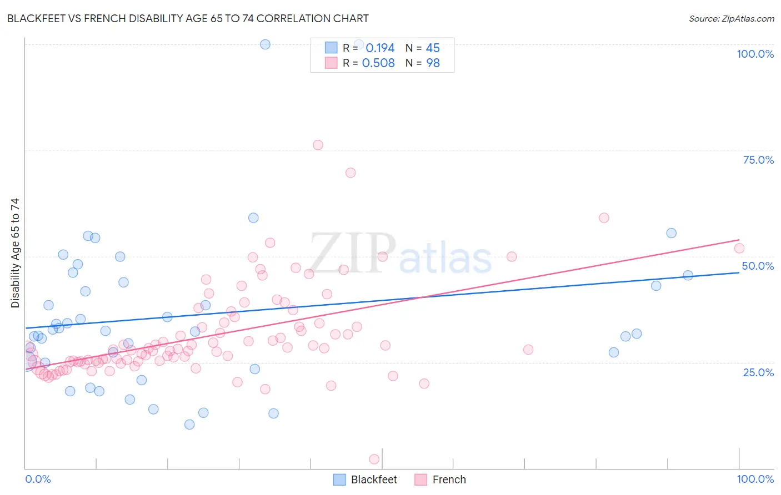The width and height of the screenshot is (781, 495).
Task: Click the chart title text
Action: (188, 18)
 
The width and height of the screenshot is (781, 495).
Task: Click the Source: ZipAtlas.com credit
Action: (731, 19)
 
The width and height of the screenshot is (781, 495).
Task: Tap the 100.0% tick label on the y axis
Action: (755, 54)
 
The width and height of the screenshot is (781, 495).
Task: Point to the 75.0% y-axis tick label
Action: (758, 160)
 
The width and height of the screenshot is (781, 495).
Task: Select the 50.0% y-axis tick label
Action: (758, 266)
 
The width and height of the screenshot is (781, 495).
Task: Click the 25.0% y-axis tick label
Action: (758, 372)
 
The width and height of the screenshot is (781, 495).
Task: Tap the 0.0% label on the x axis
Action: (38, 479)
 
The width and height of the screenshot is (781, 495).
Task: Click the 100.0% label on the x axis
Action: (755, 479)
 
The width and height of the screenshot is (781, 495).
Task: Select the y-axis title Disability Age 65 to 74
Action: (15, 253)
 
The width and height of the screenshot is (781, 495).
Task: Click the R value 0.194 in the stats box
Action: (380, 48)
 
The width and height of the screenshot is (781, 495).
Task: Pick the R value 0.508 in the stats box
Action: (378, 63)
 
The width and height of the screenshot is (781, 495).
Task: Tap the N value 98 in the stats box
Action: (433, 63)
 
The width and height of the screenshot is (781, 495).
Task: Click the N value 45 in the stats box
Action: (433, 48)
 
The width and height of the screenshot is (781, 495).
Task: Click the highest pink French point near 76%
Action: (318, 145)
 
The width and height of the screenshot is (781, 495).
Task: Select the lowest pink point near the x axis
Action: (374, 459)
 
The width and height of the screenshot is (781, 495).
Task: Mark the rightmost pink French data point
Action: (739, 249)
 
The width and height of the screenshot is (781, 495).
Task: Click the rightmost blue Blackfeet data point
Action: (688, 275)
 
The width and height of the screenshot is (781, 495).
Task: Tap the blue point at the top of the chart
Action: (265, 44)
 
